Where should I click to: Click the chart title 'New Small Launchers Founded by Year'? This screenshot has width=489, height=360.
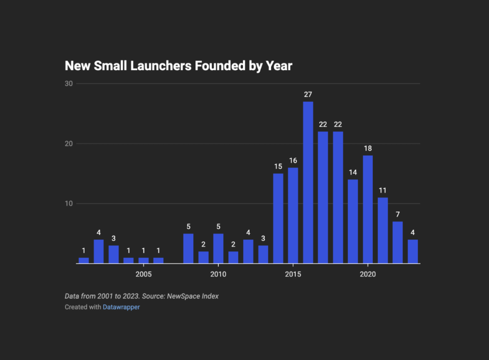[x=179, y=66]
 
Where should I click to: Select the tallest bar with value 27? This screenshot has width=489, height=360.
[x=308, y=182]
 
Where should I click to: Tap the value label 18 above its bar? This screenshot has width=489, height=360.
[x=367, y=148]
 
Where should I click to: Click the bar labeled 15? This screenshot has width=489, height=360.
[x=278, y=218]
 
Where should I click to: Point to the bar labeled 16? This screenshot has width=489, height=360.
[x=293, y=215]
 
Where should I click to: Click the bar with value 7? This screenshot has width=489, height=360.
[x=397, y=242]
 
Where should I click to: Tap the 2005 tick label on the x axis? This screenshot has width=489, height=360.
[x=144, y=274]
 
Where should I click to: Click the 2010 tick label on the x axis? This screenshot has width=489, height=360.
[x=218, y=274]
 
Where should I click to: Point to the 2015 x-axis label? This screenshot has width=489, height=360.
[x=293, y=274]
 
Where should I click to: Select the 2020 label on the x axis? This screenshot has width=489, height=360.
[x=367, y=274]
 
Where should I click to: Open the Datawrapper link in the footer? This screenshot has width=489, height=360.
[x=121, y=307]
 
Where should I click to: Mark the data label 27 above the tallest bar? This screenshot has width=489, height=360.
[x=308, y=94]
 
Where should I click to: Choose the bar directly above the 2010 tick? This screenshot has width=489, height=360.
[x=218, y=248]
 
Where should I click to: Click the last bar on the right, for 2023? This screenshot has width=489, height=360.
[x=413, y=251]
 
